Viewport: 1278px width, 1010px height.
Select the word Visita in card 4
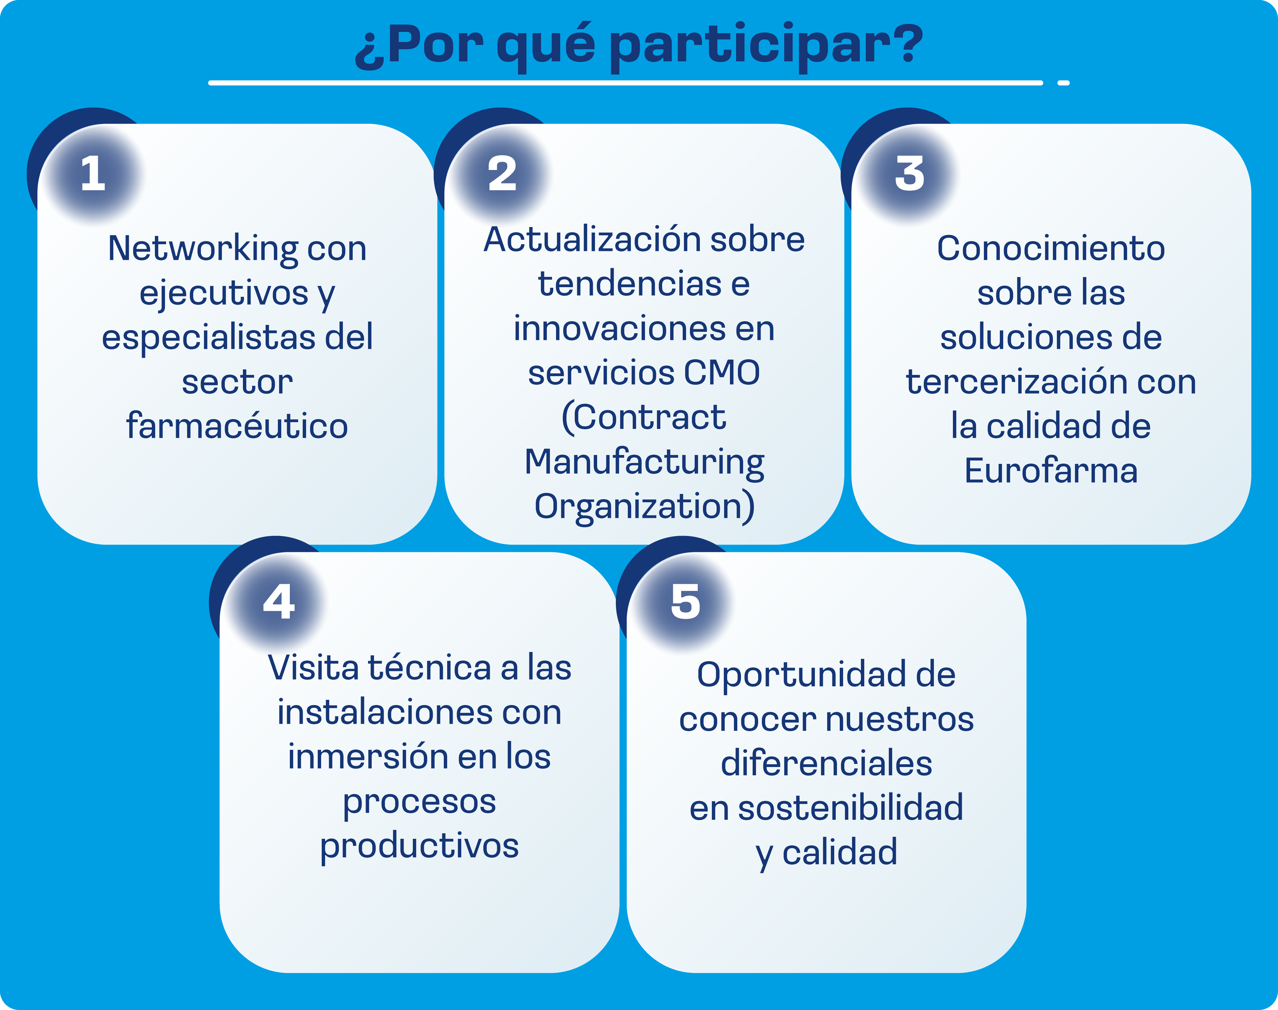[x=313, y=668]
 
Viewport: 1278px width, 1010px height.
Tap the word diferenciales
[x=826, y=763]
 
